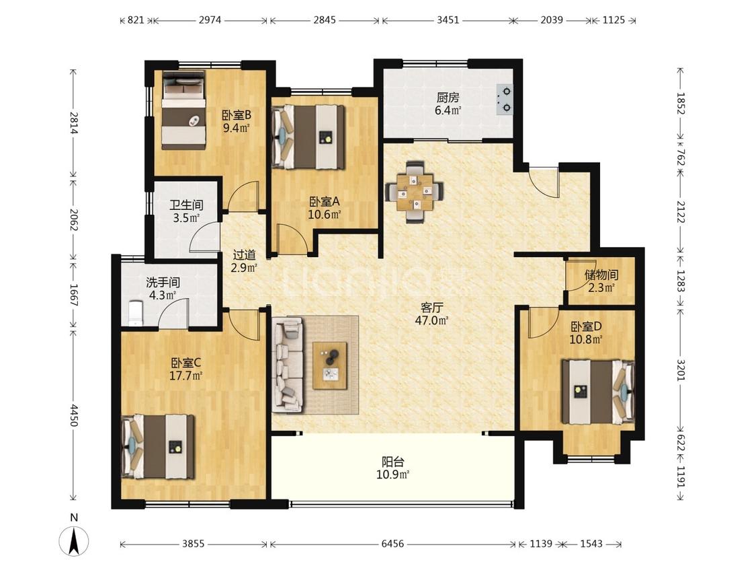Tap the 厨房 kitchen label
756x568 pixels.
click(448, 97)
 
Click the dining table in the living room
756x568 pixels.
click(414, 192)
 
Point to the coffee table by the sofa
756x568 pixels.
click(330, 365)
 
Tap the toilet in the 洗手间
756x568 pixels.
click(136, 313)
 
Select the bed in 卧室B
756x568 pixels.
click(183, 110)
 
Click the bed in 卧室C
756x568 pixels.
click(158, 447)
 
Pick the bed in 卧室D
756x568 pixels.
click(598, 392)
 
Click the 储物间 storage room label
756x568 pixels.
click(601, 275)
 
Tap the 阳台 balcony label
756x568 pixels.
click(393, 462)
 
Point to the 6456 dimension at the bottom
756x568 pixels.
click(392, 544)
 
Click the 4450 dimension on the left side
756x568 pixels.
click(74, 415)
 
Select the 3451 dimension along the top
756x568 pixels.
click(448, 20)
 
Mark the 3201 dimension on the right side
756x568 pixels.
click(680, 369)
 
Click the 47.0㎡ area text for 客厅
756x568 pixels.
click(432, 320)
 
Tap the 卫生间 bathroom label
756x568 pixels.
click(186, 205)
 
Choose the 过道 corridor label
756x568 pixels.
click(244, 254)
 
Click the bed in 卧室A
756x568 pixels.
click(308, 137)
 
